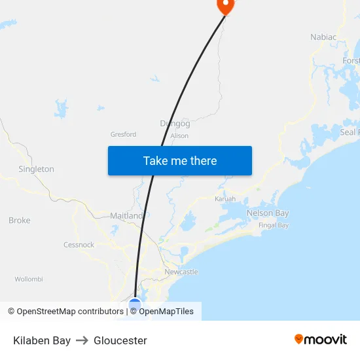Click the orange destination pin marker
[x=225, y=6]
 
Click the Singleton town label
[x=36, y=169]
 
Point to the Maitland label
[x=126, y=215]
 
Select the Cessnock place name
[x=79, y=245]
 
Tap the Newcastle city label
[x=181, y=272]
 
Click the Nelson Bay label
[x=268, y=213]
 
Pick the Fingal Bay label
[x=274, y=225]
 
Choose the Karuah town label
[x=225, y=198]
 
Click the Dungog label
[x=175, y=123]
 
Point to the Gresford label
[x=123, y=134]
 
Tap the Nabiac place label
[x=323, y=37]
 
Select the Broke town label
[x=20, y=221]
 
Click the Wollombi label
[x=29, y=279]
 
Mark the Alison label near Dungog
[x=179, y=136]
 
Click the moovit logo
[x=321, y=340]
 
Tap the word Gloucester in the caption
[x=120, y=340]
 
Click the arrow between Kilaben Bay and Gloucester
[x=82, y=340]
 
